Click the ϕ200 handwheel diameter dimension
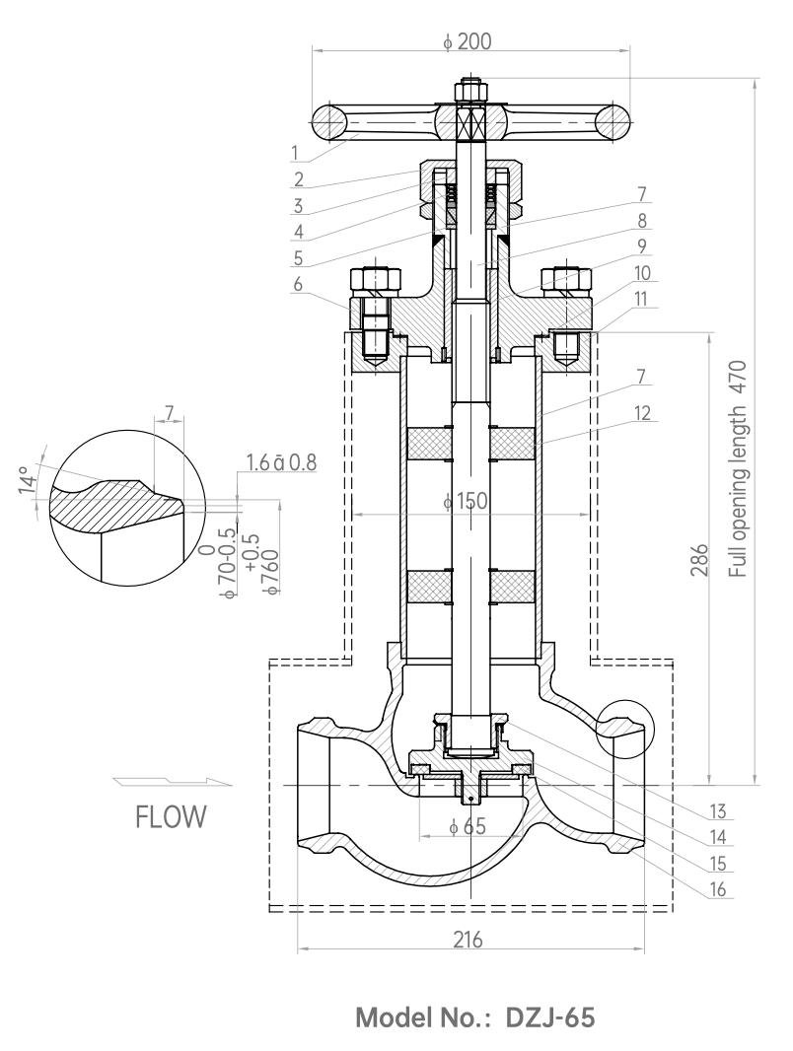(x=468, y=41)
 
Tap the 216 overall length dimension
(x=468, y=940)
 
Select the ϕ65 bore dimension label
(x=468, y=827)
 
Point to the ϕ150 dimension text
(x=466, y=502)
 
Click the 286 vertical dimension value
(x=698, y=560)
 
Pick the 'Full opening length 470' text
(x=738, y=468)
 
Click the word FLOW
(x=171, y=817)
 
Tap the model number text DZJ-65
(x=549, y=1017)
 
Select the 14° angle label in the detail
(x=27, y=480)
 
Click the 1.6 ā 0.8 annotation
(x=281, y=462)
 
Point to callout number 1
(x=294, y=153)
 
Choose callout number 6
(x=298, y=284)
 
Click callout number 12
(x=641, y=413)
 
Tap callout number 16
(x=717, y=889)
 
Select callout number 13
(x=717, y=811)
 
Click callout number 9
(x=641, y=246)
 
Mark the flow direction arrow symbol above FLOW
(x=173, y=781)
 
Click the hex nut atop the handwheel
(x=471, y=90)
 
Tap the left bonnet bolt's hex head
(x=376, y=282)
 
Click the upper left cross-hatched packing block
(x=430, y=444)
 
